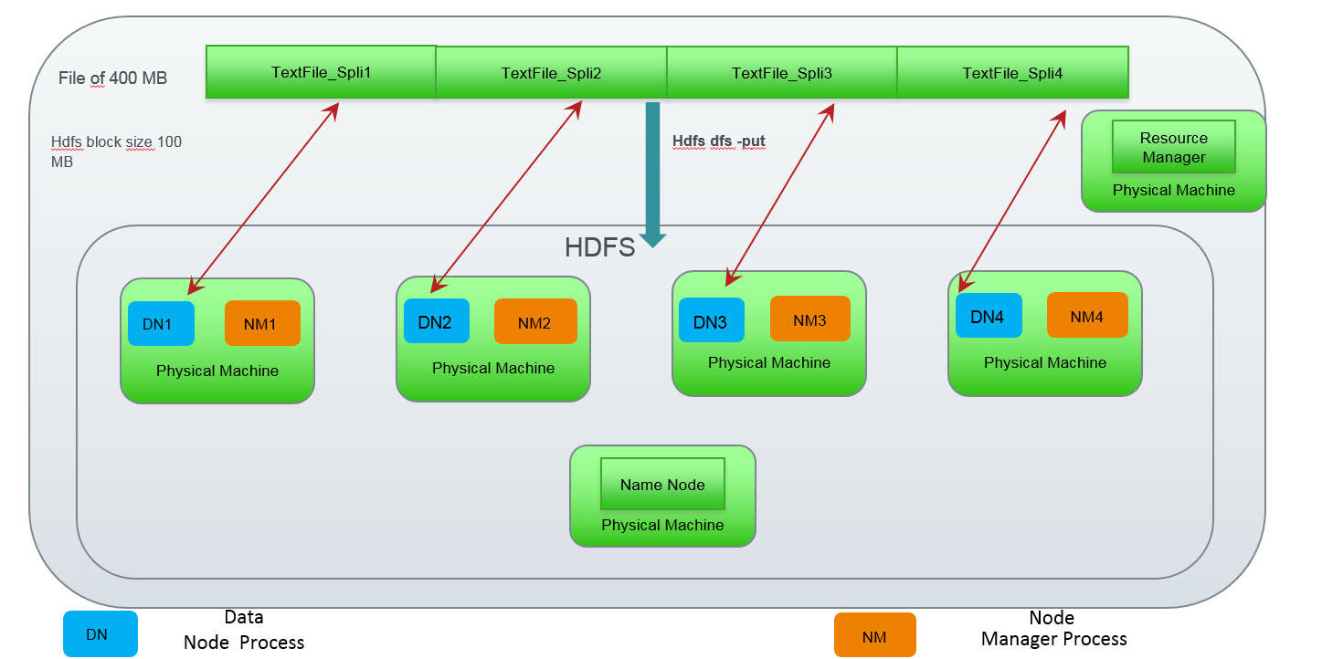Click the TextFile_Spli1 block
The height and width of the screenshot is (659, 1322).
click(321, 72)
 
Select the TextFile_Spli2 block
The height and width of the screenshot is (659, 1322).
click(551, 73)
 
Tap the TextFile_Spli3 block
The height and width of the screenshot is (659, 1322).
click(782, 73)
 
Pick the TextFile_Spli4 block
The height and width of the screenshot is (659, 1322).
click(1012, 73)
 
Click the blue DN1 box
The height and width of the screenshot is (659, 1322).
click(162, 323)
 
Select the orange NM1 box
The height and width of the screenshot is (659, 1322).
click(262, 323)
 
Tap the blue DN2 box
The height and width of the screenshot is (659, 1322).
click(437, 321)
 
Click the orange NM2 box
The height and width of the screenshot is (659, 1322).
click(535, 321)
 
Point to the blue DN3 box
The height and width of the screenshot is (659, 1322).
click(711, 320)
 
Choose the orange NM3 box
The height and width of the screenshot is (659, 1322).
click(810, 319)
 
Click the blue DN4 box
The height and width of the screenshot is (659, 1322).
click(988, 316)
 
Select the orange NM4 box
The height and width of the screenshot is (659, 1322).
click(1087, 316)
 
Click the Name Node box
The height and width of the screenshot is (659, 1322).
click(662, 485)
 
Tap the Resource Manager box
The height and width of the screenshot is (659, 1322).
click(1173, 147)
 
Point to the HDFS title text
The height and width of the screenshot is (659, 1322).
click(599, 247)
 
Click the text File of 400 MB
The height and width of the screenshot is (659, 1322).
click(112, 78)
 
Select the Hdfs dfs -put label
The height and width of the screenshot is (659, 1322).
click(718, 141)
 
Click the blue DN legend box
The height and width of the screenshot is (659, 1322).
click(100, 634)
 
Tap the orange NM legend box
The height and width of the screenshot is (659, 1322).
click(874, 634)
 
